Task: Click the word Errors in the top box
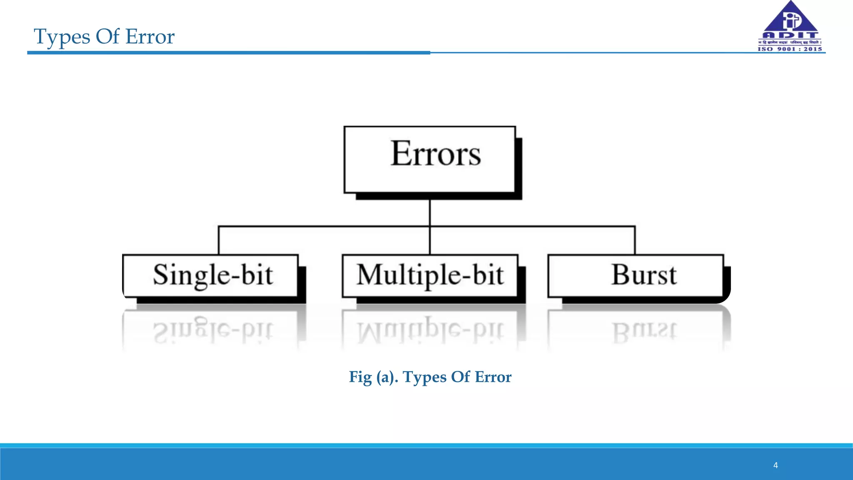(435, 154)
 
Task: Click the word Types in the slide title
(62, 37)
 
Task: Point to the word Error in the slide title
(150, 37)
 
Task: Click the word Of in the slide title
(107, 37)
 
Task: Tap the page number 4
(776, 465)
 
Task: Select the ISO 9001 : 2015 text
(790, 49)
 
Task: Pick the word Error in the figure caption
(493, 377)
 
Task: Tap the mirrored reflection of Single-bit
(212, 331)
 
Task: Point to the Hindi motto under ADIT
(790, 42)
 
